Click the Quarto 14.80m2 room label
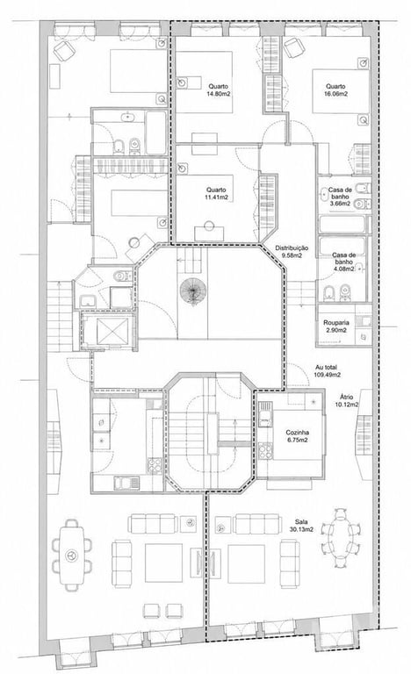(x=218, y=90)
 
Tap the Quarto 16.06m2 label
(x=335, y=90)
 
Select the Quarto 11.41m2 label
(x=216, y=194)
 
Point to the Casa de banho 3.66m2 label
(x=340, y=197)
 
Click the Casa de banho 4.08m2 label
(x=343, y=262)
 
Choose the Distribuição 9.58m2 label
(x=292, y=252)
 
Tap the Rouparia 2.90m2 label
(x=336, y=326)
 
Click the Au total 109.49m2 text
(x=327, y=371)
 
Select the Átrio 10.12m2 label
(x=346, y=400)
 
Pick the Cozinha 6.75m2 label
(x=298, y=436)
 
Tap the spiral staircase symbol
(x=193, y=291)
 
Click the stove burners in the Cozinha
(x=265, y=450)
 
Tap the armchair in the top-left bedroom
(x=64, y=51)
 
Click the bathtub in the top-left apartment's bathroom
(x=155, y=132)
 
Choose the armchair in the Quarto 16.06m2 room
(x=294, y=47)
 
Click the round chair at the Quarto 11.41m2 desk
(x=210, y=226)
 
